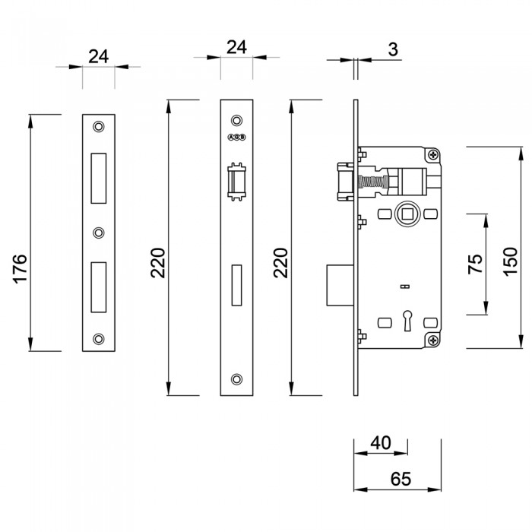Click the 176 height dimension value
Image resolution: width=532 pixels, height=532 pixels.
pos(21,269)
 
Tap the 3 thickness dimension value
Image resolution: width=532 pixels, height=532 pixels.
pos(392,49)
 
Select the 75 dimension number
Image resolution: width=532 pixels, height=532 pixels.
pos(475,264)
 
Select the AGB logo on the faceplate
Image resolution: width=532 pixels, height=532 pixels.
pos(236,138)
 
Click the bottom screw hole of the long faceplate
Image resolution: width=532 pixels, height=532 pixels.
pos(236,379)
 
